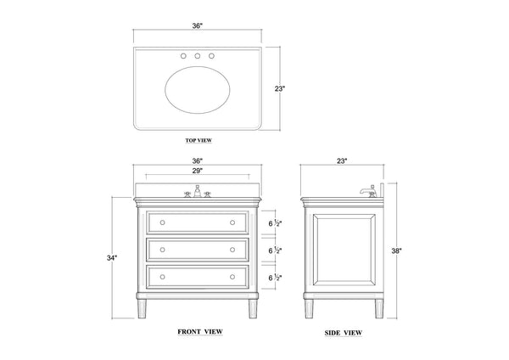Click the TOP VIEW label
click(199, 140)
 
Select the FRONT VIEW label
click(200, 332)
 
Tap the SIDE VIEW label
click(343, 333)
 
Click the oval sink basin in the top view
click(198, 90)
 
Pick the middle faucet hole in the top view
click(198, 56)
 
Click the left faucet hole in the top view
click(183, 56)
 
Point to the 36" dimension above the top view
click(197, 25)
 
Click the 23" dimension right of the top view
click(279, 88)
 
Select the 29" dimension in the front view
click(197, 171)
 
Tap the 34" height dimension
click(112, 258)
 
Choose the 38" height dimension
click(396, 250)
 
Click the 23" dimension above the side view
click(342, 160)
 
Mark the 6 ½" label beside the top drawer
click(275, 223)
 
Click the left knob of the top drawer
click(163, 222)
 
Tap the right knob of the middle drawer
click(232, 250)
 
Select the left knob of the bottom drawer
click(163, 277)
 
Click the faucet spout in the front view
click(198, 191)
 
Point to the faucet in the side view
click(369, 191)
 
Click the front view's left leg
click(142, 309)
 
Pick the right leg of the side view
click(379, 309)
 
